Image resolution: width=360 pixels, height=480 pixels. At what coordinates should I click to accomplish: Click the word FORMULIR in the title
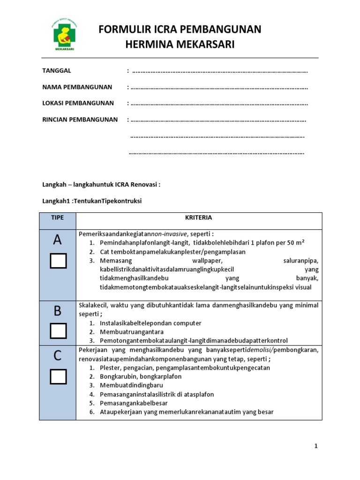[x=120, y=30]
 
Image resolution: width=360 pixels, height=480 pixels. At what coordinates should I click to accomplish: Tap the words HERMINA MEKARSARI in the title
[x=180, y=45]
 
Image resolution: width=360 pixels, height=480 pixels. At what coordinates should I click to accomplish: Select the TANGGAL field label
[x=57, y=71]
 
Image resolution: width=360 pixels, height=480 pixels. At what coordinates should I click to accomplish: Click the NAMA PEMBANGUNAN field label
[x=77, y=87]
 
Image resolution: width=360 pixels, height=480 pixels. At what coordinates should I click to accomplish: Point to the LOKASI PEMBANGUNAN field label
[x=78, y=103]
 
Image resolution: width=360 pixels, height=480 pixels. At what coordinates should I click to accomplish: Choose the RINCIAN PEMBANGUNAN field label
[x=80, y=120]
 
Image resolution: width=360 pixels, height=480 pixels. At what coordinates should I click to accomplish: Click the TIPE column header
[x=57, y=217]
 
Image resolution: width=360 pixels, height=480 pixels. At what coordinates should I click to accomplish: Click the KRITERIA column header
[x=199, y=217]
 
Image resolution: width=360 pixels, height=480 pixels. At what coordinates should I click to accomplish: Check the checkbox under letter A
[x=58, y=261]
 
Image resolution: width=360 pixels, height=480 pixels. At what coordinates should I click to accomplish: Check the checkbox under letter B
[x=58, y=331]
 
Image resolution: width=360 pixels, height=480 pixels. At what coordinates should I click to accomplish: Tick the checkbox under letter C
[x=58, y=376]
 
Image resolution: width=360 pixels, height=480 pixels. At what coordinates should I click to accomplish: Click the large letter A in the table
[x=57, y=240]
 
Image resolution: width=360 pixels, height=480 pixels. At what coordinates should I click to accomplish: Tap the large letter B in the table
[x=57, y=311]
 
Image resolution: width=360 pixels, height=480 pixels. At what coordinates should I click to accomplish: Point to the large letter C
[x=57, y=356]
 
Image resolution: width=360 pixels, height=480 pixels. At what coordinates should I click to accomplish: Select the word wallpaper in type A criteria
[x=207, y=261]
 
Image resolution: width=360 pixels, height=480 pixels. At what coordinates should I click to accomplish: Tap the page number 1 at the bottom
[x=316, y=446]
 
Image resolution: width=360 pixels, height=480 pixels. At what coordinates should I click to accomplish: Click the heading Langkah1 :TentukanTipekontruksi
[x=92, y=201]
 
